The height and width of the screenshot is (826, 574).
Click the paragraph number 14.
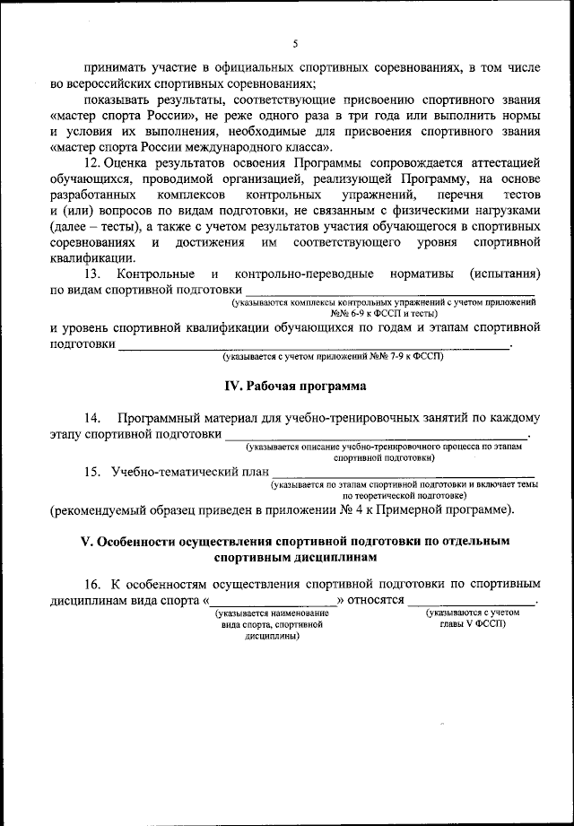[x=92, y=419]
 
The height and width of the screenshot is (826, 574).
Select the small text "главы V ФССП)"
[x=472, y=624]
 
